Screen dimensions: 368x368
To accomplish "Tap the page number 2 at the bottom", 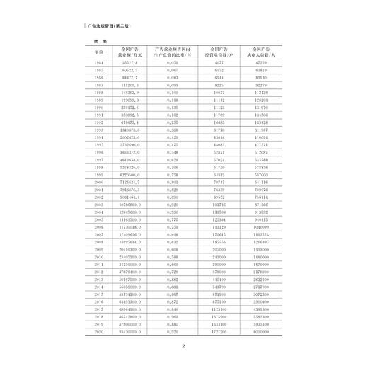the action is click(183, 347).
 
